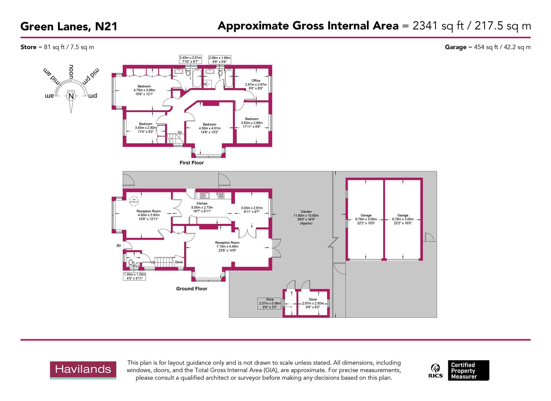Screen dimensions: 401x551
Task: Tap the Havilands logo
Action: [83, 369]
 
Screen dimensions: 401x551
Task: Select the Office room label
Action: [255, 81]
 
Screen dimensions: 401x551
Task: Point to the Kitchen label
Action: [202, 203]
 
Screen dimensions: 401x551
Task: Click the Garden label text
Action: [306, 212]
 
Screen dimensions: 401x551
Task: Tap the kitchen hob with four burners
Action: [221, 195]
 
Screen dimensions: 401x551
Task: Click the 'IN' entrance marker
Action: [119, 245]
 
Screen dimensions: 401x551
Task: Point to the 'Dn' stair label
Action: [180, 132]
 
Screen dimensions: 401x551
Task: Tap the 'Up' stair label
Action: [152, 262]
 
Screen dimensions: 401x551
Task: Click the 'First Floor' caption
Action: [191, 163]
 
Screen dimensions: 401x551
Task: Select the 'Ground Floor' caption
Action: [191, 288]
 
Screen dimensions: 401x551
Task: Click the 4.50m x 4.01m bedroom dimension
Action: [209, 128]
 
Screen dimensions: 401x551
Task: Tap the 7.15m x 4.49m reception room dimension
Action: [227, 247]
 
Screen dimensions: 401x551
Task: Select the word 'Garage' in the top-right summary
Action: [455, 47]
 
